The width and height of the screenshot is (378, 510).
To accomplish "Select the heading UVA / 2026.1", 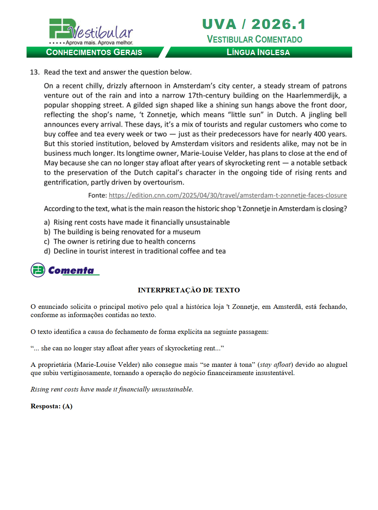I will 254,24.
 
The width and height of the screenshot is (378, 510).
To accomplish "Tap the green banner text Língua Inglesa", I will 258,52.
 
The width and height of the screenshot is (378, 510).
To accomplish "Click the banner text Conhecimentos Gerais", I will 94,52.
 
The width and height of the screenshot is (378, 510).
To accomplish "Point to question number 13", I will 34,72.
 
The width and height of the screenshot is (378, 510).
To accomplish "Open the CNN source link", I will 228,195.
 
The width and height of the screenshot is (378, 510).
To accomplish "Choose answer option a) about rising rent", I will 141,222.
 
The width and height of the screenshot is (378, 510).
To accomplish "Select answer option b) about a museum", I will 126,232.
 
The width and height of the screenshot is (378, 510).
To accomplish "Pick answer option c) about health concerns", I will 124,242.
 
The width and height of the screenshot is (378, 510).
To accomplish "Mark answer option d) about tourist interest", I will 139,251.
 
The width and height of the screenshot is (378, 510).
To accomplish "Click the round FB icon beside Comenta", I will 38,270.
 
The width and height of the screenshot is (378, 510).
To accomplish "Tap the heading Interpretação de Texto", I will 189,290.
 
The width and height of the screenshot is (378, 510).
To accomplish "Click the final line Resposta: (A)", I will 52,406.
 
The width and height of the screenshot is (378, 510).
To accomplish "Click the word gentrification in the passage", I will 66,183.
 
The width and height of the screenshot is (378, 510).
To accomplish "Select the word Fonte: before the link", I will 97,195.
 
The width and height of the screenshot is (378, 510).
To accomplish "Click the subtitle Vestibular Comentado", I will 254,39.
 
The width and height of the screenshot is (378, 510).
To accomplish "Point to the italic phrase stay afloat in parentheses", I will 275,365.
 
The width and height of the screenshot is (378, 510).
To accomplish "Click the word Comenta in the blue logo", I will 71,271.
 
